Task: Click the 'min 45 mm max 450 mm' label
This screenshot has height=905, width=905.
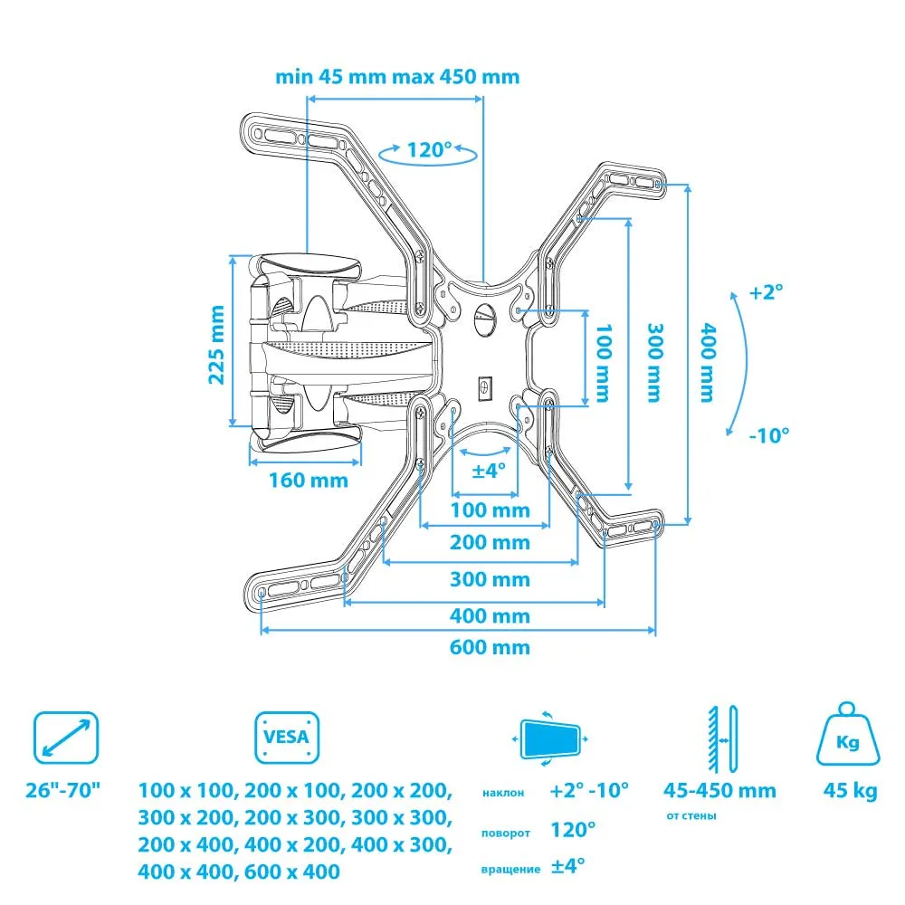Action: [397, 76]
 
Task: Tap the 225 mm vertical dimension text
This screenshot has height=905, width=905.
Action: [217, 344]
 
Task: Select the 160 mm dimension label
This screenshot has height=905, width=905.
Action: [308, 480]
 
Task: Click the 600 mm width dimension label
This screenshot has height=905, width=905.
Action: [491, 647]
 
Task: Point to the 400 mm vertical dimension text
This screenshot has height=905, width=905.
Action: [706, 362]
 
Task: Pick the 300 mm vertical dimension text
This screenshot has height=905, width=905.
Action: [653, 362]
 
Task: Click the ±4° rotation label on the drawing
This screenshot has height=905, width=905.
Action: [489, 471]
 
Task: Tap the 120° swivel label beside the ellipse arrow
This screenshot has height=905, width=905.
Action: [428, 149]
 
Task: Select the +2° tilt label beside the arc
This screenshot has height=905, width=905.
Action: [766, 292]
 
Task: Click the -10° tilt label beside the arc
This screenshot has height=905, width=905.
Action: [769, 434]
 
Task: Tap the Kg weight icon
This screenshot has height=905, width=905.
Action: [847, 738]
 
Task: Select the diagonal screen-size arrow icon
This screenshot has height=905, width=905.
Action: [65, 737]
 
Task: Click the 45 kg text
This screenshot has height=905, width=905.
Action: [848, 791]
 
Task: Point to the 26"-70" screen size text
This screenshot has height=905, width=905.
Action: [64, 791]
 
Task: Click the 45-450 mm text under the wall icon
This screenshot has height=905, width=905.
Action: [719, 791]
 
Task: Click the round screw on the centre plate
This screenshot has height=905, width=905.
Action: [483, 319]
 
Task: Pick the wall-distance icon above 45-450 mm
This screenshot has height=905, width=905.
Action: [720, 735]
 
